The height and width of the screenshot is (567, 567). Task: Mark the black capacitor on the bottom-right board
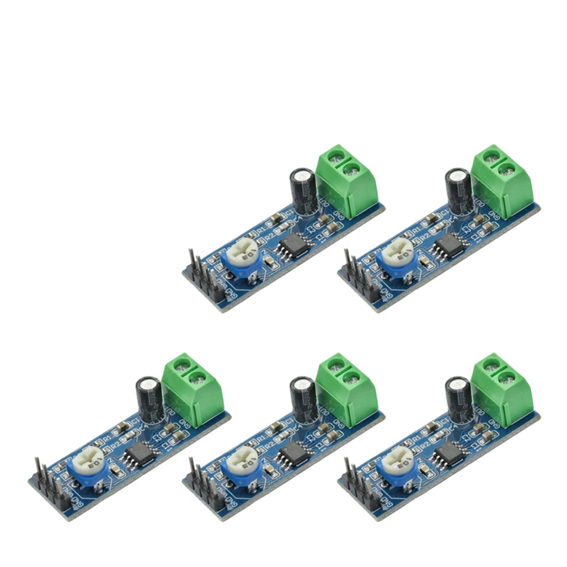click(458, 399)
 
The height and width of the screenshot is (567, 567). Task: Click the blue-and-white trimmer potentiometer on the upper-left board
click(243, 259)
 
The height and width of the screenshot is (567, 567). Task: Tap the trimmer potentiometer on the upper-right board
click(397, 259)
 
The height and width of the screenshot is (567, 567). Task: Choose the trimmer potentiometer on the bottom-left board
click(89, 467)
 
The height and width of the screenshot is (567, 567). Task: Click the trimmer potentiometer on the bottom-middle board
click(243, 467)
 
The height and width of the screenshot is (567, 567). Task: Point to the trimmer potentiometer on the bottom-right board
click(397, 467)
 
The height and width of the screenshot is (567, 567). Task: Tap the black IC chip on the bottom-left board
click(139, 454)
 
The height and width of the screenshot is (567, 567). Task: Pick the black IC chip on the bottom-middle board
click(293, 454)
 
